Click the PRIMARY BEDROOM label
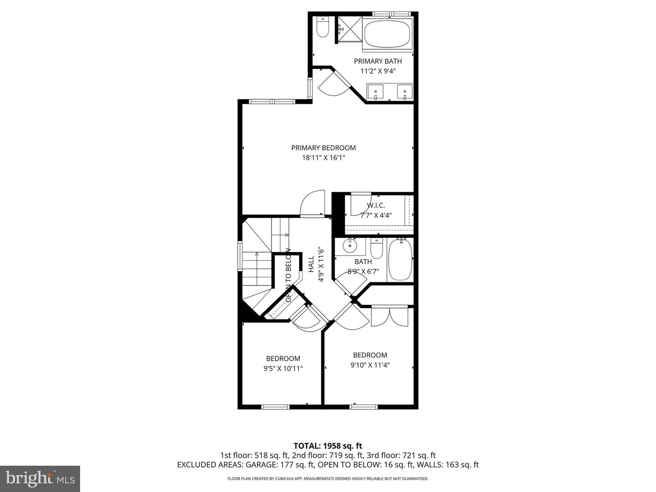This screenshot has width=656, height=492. coord(323,148)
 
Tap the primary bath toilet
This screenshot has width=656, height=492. coord(323,28)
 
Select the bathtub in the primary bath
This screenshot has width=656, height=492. coord(387,33)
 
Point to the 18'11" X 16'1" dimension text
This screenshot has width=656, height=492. coord(323,158)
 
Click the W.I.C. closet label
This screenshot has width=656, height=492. coord(376,205)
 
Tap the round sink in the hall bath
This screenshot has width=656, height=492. coord(350,246)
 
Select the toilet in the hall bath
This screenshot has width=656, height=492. coord(376,249)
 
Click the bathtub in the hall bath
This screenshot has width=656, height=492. coord(400,260)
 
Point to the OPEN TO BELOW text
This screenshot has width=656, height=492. coord(288,275)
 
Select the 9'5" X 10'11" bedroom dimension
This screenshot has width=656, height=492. coord(283,368)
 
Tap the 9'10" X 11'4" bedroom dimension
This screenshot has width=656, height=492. coord(370,365)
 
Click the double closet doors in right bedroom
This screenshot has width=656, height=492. coord(389,317)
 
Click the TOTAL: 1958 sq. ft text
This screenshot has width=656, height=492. coord(328,446)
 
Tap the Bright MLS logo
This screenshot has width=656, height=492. coord(40,478)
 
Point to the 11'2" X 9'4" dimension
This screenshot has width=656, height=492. coord(378,71)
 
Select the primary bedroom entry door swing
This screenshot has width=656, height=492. coord(313,203)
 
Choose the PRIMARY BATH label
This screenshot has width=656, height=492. coord(378,61)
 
